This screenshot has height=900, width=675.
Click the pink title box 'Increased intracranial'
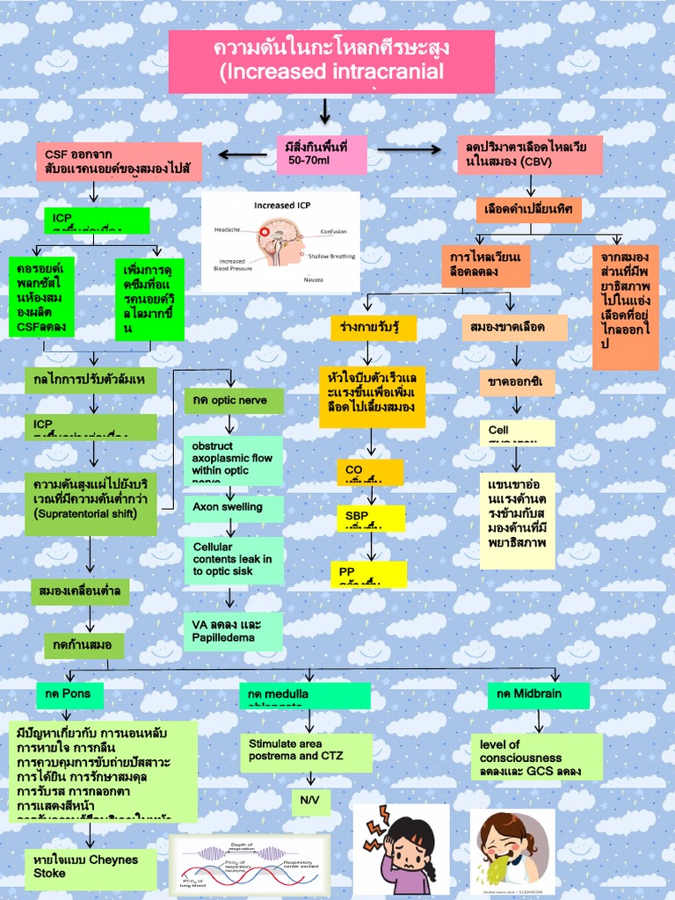point(331,62)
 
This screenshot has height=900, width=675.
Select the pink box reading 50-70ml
point(321,155)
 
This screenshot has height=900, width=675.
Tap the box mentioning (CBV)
point(530,155)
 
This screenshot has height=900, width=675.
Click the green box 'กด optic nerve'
point(234,401)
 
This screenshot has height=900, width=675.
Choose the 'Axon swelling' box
point(234,508)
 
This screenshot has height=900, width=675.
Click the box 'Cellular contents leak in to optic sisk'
point(234,560)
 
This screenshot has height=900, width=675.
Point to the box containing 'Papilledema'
point(234,631)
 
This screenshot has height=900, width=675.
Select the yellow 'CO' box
point(370,472)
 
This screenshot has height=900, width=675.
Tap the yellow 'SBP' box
point(370,518)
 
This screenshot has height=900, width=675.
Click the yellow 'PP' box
point(370,573)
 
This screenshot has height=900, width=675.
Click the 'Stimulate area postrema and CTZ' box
point(306,751)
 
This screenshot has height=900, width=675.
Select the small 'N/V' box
point(311,802)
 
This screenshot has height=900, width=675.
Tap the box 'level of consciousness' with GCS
point(536,757)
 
